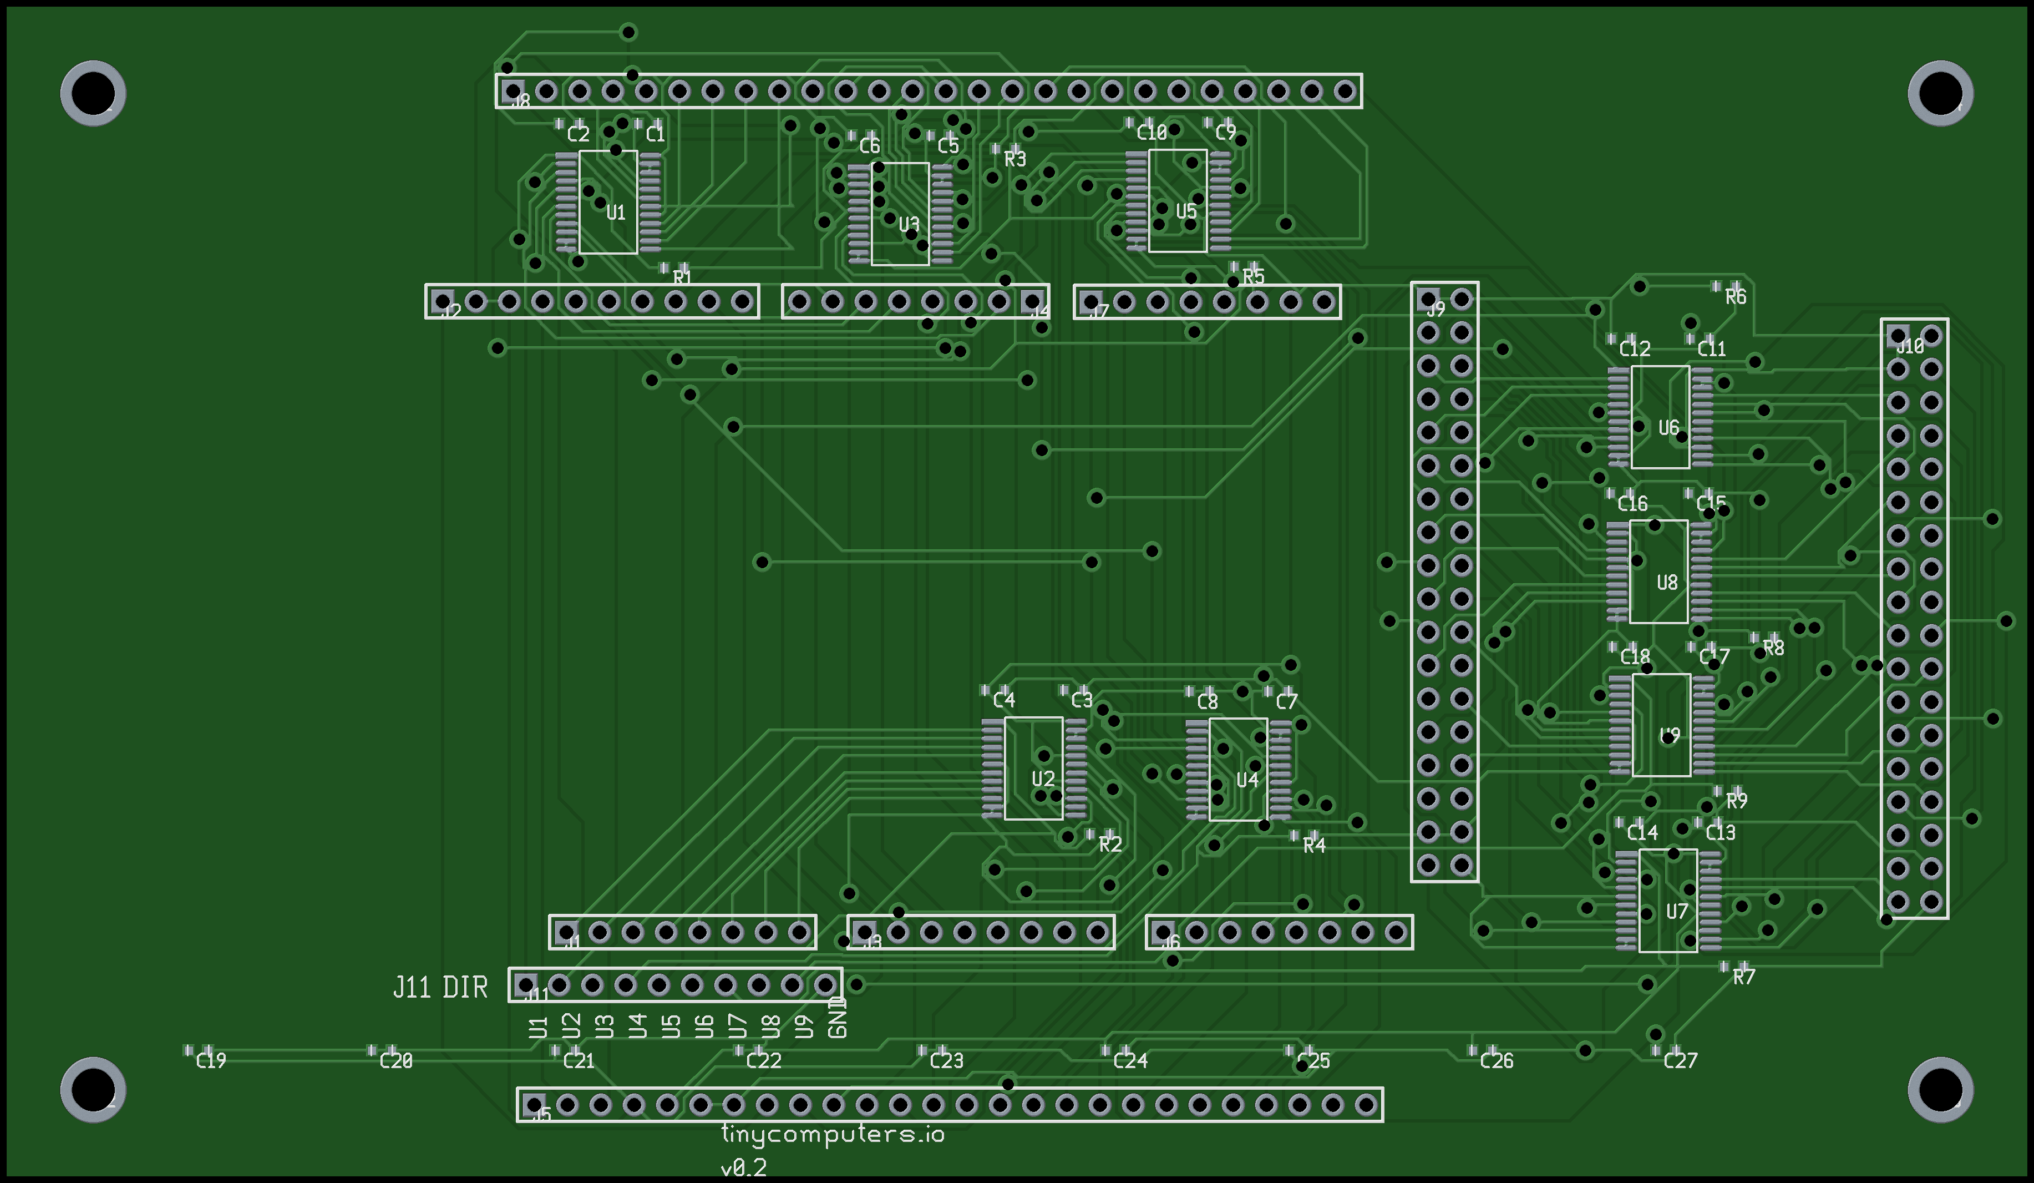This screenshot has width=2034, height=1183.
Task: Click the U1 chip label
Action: (x=616, y=213)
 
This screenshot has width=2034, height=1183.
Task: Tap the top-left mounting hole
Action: (x=93, y=93)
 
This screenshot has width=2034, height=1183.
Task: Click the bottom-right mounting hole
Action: (x=1940, y=1089)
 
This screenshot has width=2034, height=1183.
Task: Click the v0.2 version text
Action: (x=743, y=1167)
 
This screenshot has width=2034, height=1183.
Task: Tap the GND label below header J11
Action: (x=837, y=1018)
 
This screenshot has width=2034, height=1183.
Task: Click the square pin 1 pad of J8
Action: (x=513, y=90)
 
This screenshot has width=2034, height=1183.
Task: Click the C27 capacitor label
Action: (x=1681, y=1060)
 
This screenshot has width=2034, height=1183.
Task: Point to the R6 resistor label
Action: (x=1736, y=297)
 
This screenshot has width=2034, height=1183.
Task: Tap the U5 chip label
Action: (x=1186, y=211)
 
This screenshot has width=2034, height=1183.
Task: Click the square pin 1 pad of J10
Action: (x=1898, y=335)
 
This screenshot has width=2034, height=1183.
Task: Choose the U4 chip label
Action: (x=1247, y=779)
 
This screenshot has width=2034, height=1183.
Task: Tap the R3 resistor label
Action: (x=1015, y=159)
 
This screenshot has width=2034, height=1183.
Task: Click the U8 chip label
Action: (x=1667, y=582)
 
